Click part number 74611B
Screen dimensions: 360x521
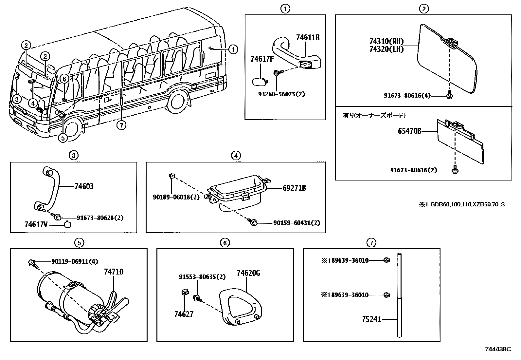click(307, 38)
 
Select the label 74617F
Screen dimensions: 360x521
click(262, 59)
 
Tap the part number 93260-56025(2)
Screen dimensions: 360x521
click(281, 94)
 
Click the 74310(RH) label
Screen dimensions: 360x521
click(386, 42)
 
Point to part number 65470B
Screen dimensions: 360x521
click(409, 131)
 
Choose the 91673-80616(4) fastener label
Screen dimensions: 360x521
click(407, 96)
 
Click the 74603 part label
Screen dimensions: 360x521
click(84, 186)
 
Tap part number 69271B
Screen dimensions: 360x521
click(294, 188)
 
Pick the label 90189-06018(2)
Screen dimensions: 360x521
click(176, 197)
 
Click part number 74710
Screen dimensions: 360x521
click(114, 272)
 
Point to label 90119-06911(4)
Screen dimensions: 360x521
click(75, 261)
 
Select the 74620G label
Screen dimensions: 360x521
click(248, 273)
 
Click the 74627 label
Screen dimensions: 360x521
click(184, 314)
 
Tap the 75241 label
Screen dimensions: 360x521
click(372, 319)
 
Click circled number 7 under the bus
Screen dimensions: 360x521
click(121, 125)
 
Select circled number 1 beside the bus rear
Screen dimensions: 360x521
click(233, 49)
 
